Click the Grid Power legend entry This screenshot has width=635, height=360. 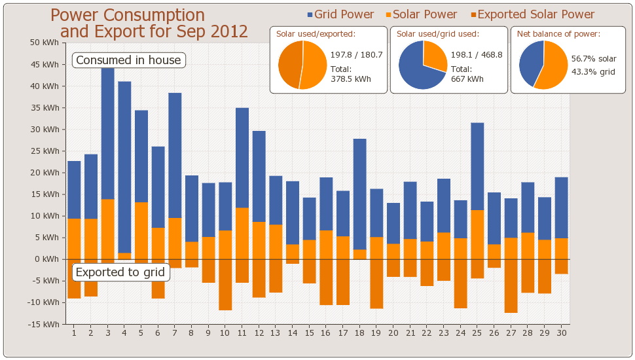coord(340,14)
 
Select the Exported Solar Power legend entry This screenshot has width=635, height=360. coord(532,14)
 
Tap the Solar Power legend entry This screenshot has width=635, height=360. coord(421,14)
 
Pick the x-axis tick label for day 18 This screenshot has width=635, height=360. coord(359,333)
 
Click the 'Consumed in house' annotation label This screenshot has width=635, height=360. coord(128,60)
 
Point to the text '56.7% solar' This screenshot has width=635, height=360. coord(594,59)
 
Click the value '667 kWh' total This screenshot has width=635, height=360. coord(467,79)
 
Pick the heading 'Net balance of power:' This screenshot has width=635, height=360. coord(558,34)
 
